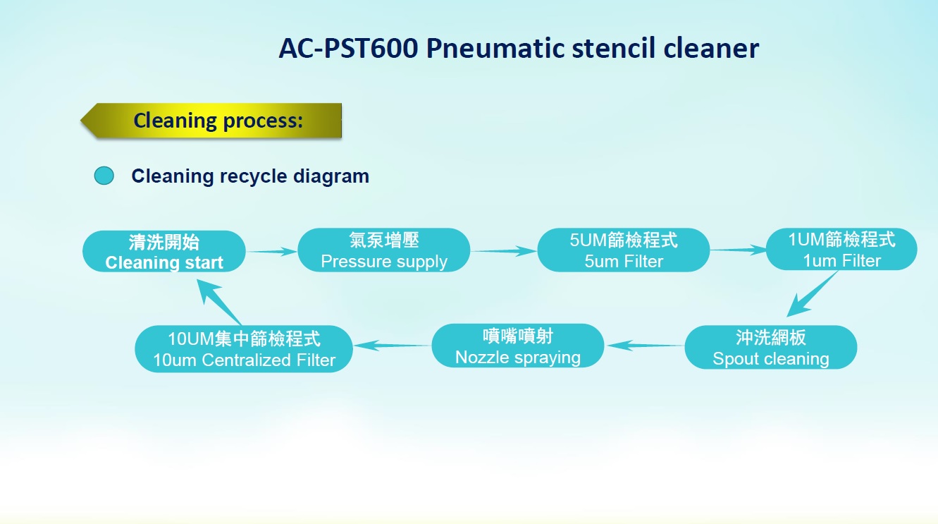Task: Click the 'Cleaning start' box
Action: tap(163, 251)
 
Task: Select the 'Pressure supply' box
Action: tap(383, 250)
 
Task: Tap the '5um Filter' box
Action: tap(623, 250)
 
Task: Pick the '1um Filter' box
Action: tap(841, 249)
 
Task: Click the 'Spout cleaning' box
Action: tap(770, 347)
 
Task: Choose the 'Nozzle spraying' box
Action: tap(517, 346)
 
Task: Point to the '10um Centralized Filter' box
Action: tap(244, 349)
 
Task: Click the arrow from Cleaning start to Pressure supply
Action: tap(271, 252)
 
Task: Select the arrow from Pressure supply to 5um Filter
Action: tap(503, 251)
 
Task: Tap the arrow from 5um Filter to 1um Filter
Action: tap(738, 250)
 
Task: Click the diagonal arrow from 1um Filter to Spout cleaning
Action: tap(813, 294)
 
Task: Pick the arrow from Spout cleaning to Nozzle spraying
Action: tap(644, 346)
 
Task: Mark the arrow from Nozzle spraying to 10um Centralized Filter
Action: tap(393, 346)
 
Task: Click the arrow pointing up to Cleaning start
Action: tap(219, 302)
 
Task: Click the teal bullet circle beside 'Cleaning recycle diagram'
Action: tap(104, 176)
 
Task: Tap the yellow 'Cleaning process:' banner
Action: tap(211, 121)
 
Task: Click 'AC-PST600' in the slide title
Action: tap(348, 48)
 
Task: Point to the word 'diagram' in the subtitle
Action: tap(331, 176)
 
